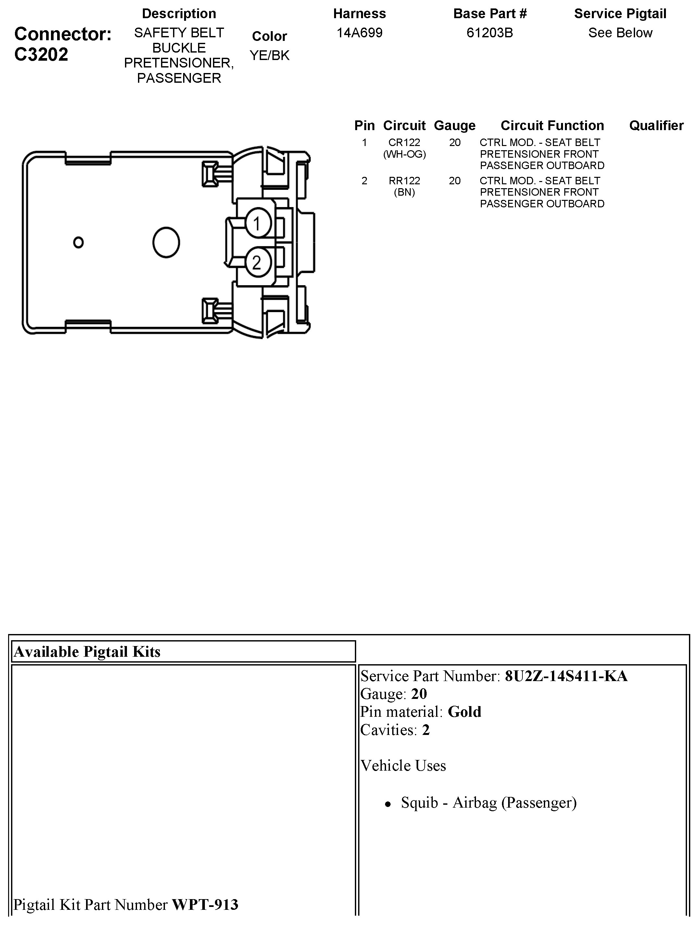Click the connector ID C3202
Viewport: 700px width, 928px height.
point(41,55)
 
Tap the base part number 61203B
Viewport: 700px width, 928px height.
point(489,33)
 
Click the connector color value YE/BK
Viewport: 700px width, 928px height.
point(269,55)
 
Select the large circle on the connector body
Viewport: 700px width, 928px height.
point(166,242)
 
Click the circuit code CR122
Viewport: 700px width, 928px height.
point(404,143)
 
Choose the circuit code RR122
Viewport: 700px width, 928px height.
point(404,181)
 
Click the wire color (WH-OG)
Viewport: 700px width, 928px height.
point(404,154)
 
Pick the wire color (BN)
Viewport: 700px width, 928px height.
point(404,192)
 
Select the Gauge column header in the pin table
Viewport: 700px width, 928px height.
point(455,126)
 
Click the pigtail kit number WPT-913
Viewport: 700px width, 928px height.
point(205,905)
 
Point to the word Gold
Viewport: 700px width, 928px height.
point(464,712)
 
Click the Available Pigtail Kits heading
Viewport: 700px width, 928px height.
point(87,652)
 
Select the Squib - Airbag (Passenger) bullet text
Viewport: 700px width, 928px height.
point(489,802)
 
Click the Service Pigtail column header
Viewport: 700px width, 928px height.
point(620,14)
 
